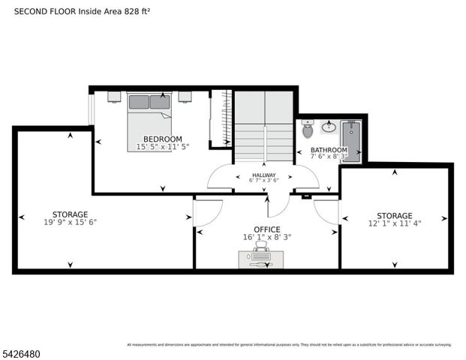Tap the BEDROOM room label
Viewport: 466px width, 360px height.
162,139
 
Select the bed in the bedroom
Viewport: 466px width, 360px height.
149,112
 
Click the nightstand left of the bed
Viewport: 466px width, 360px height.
114,97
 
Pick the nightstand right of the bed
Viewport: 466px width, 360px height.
185,97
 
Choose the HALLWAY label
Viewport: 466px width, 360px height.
263,175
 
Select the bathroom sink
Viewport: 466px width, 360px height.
328,127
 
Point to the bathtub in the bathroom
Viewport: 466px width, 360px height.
351,140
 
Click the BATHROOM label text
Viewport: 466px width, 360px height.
329,151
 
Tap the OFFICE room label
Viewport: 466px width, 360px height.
266,229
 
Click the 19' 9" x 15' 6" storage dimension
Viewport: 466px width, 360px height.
70,222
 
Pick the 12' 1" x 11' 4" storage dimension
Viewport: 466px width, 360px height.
395,223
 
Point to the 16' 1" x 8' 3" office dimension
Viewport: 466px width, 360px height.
266,237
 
